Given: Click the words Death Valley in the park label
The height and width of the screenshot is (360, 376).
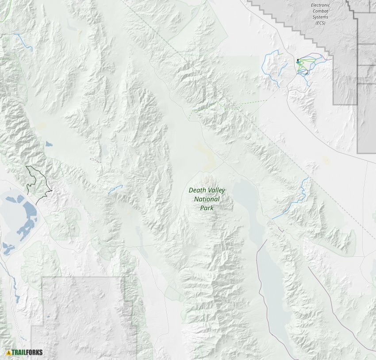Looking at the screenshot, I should pyautogui.click(x=207, y=190).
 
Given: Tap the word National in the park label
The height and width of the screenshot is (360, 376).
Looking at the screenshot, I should pyautogui.click(x=207, y=199).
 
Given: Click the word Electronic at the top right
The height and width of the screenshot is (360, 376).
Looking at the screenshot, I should pyautogui.click(x=320, y=5).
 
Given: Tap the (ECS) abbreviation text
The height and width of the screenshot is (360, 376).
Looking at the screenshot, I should pyautogui.click(x=320, y=23).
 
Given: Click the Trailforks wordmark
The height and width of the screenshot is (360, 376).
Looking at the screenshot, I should pyautogui.click(x=27, y=352).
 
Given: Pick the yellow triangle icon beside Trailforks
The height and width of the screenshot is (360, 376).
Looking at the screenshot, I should pyautogui.click(x=8, y=352).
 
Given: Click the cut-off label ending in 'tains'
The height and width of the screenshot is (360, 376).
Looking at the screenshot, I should pyautogui.click(x=5, y=58).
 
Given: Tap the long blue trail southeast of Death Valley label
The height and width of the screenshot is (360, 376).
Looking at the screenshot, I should pyautogui.click(x=294, y=204).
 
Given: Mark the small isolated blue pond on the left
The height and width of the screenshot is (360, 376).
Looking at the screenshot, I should pyautogui.click(x=48, y=144).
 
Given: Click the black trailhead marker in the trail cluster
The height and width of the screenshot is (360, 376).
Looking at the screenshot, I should pyautogui.click(x=298, y=60).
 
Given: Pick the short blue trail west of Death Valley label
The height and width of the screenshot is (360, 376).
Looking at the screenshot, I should pyautogui.click(x=115, y=190).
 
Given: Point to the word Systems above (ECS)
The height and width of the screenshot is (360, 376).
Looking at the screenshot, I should pyautogui.click(x=320, y=17).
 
